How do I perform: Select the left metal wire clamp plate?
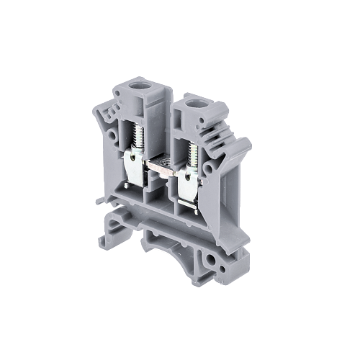click(x=138, y=167)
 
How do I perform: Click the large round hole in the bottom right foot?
click(x=212, y=258)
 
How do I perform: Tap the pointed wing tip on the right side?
click(x=247, y=161)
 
